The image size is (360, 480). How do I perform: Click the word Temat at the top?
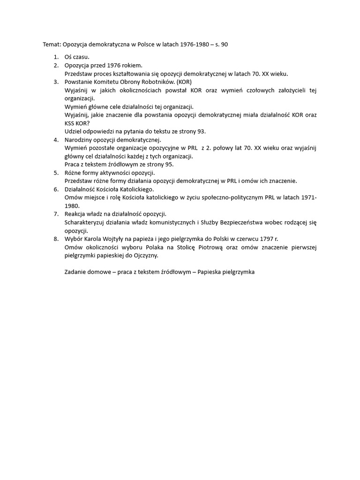(x=52, y=45)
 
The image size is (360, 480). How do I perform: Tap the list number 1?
(x=55, y=57)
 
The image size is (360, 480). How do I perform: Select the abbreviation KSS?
(x=70, y=123)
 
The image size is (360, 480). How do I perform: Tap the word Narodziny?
(x=79, y=140)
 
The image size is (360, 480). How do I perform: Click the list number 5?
(x=55, y=173)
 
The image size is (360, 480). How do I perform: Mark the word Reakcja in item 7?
(x=76, y=214)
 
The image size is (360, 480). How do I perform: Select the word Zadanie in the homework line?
(x=76, y=272)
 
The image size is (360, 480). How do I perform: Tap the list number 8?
(x=55, y=239)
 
